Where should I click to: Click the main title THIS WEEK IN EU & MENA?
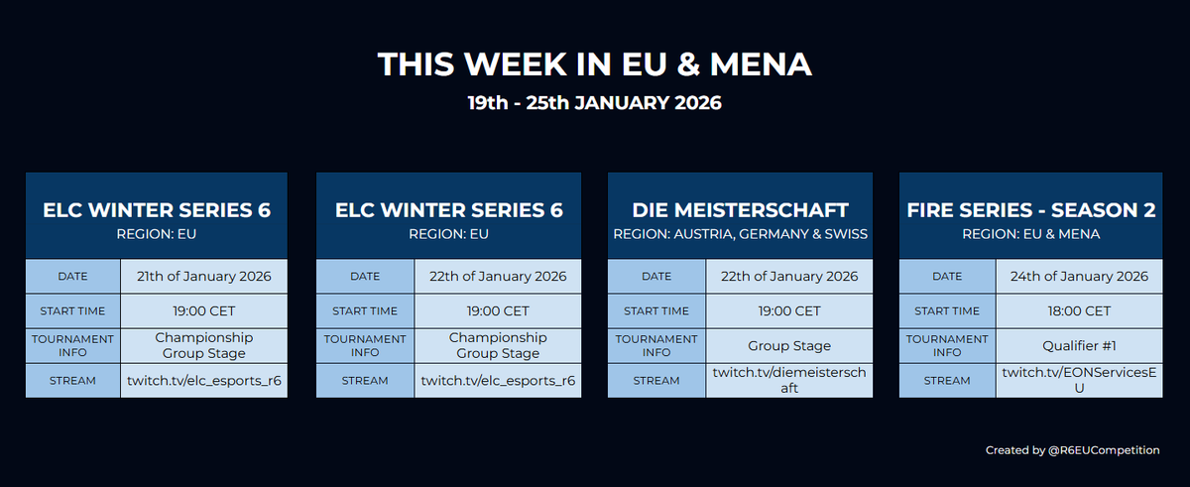coord(594,64)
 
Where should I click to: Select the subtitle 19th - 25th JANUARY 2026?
coord(594,102)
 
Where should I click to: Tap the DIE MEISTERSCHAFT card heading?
coord(740,210)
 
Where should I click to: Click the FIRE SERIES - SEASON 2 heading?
coord(1031,210)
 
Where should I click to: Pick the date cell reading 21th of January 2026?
coord(204,277)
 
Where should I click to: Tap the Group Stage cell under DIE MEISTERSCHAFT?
coord(789,345)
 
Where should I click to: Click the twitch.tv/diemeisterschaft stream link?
coord(789,380)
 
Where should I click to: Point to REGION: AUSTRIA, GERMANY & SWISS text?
coord(740,235)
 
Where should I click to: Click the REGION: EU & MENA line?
coord(1031,235)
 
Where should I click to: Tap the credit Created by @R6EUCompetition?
coord(1072,450)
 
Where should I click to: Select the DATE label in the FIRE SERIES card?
coord(947,277)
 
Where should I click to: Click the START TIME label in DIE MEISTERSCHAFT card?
coord(656,310)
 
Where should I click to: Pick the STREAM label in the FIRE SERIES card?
coord(947,380)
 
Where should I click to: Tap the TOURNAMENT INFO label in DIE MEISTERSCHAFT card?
coord(656,345)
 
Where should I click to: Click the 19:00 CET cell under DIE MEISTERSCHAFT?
coord(789,310)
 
